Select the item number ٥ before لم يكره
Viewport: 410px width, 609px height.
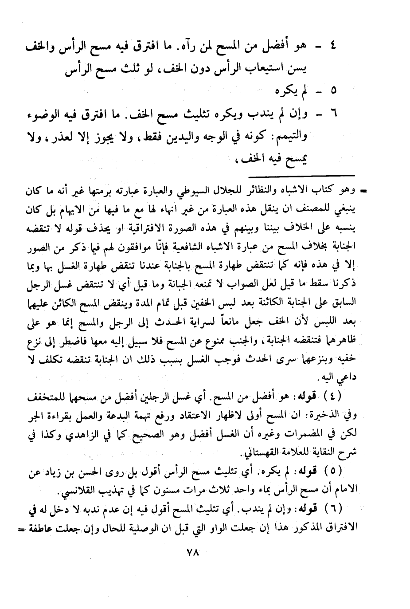click(x=333, y=90)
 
